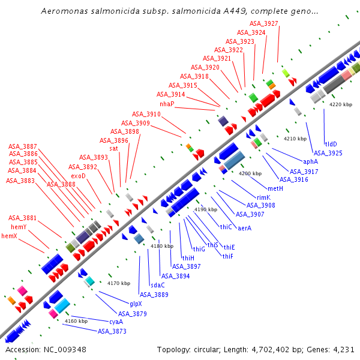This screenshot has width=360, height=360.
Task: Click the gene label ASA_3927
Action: tap(264, 23)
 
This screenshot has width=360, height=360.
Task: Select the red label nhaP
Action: tap(167, 104)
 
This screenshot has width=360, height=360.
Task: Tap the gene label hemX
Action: tap(9, 236)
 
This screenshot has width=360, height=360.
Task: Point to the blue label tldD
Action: tap(331, 144)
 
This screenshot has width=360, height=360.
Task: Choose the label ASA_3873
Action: tap(112, 331)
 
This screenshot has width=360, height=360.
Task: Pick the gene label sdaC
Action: tap(157, 285)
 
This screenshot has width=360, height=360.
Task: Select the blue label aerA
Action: tap(245, 228)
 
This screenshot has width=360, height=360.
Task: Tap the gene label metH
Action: tap(275, 188)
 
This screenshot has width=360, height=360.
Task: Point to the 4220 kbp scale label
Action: tap(341, 104)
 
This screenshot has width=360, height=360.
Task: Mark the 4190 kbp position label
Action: tap(205, 209)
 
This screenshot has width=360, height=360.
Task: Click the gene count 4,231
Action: tap(343, 350)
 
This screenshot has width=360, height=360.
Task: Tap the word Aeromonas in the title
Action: tap(62, 11)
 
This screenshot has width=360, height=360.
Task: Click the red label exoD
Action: tap(79, 176)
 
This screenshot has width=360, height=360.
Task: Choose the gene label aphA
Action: tap(310, 161)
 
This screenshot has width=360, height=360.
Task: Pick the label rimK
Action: tap(264, 197)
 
